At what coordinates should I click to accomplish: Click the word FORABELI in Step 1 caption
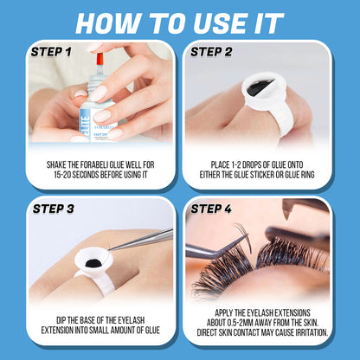[108, 162]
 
